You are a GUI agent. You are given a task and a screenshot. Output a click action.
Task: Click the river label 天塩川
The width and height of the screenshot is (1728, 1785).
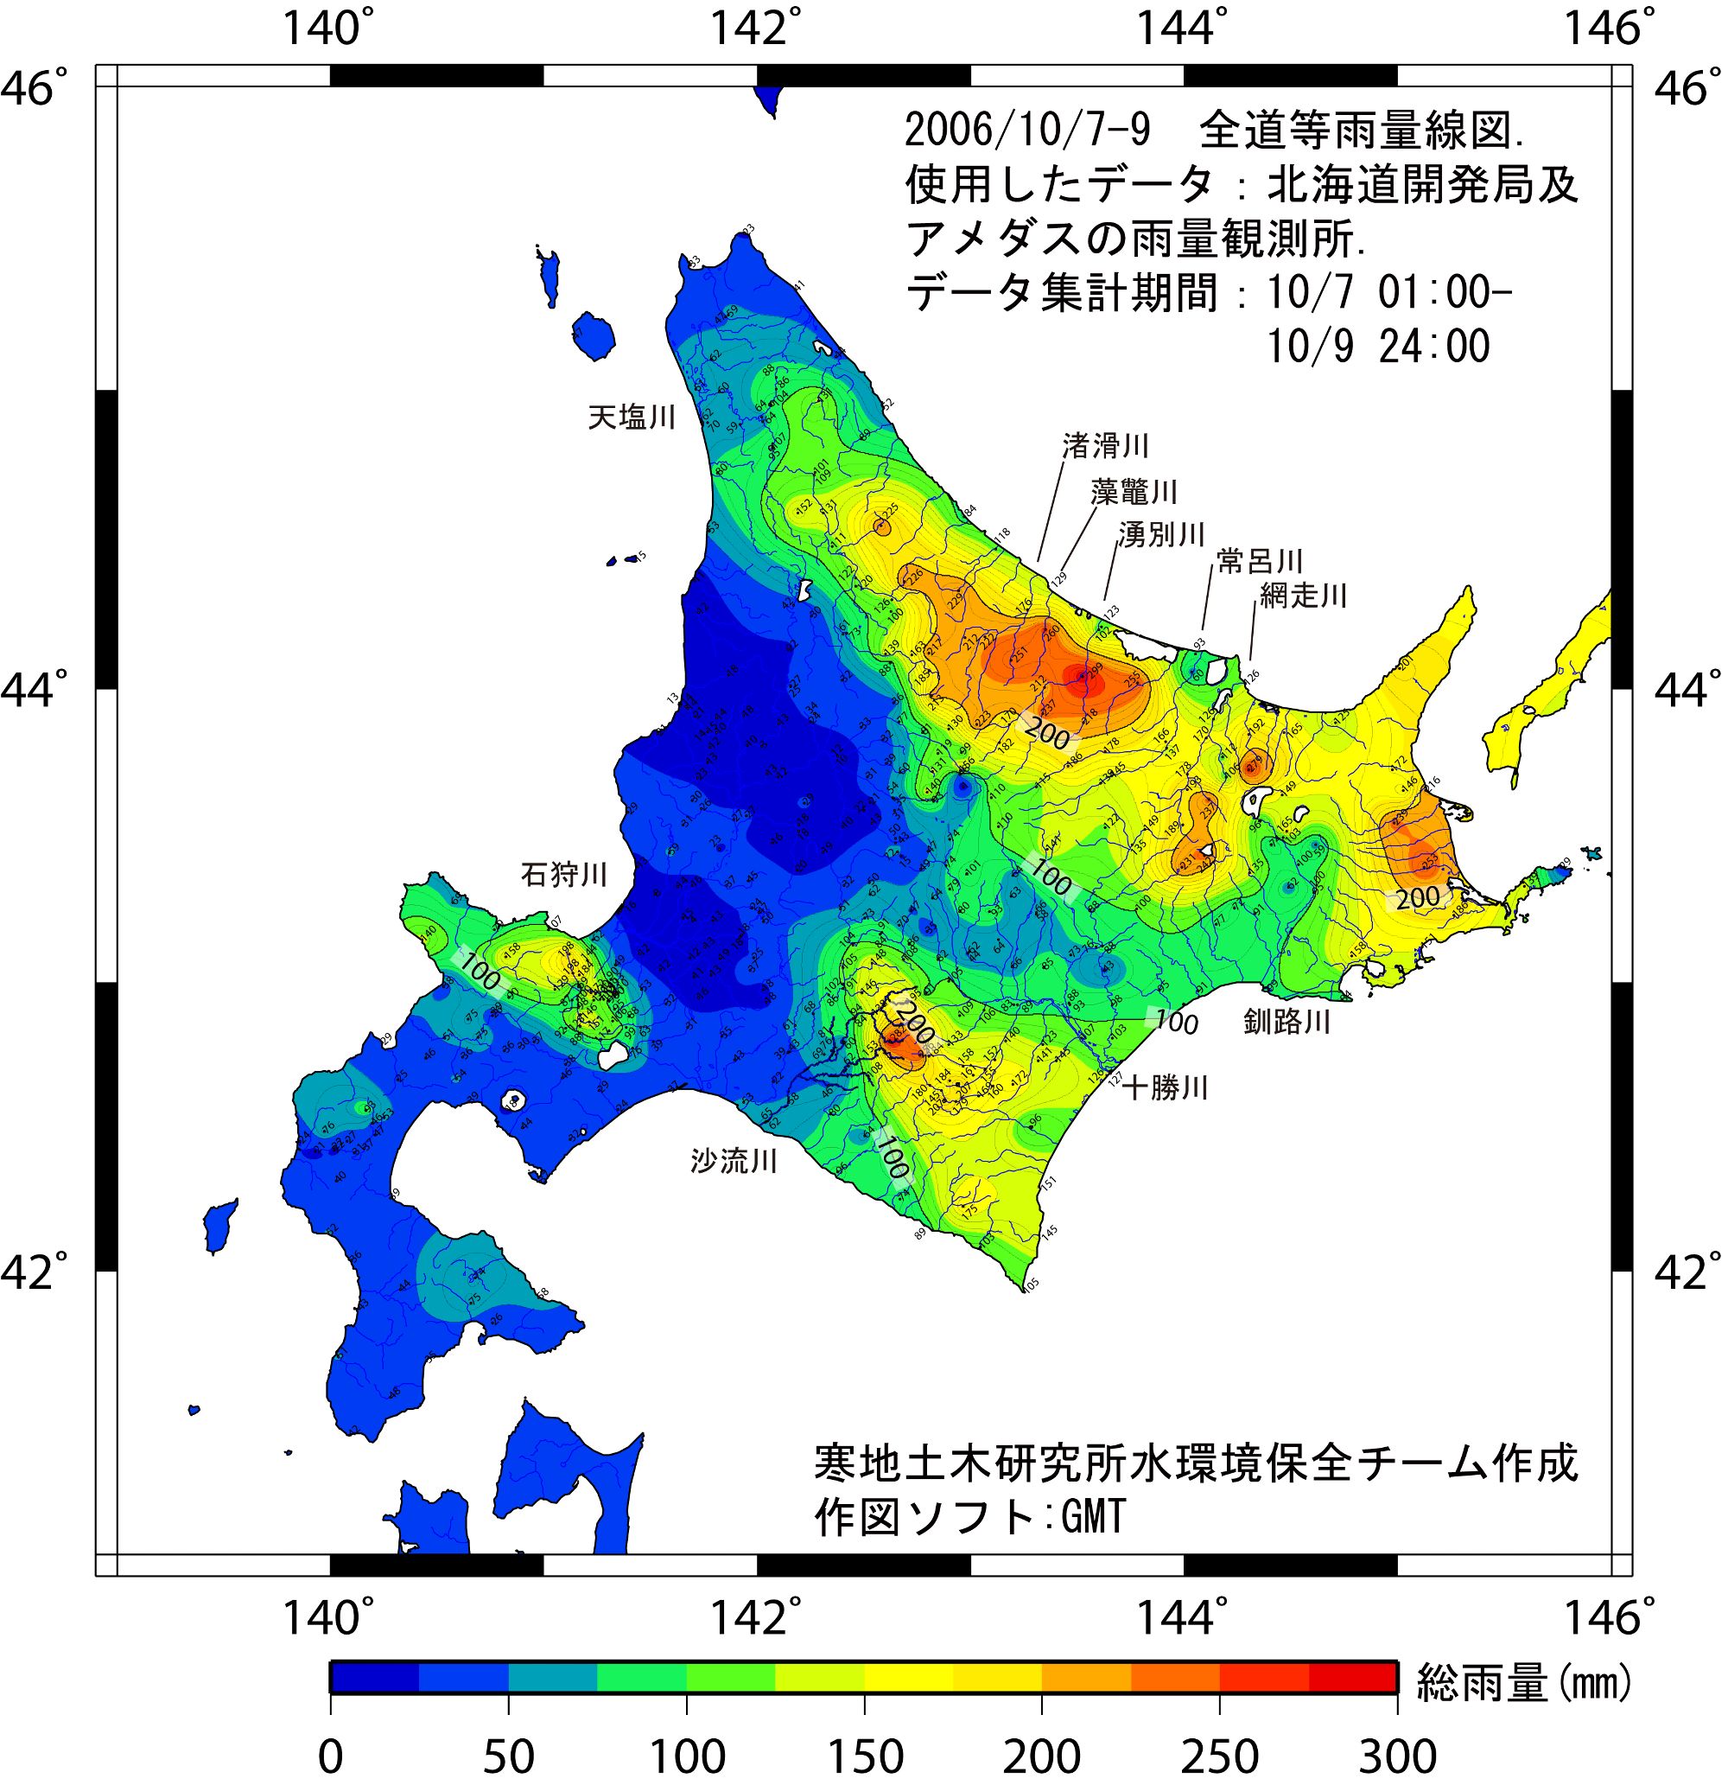tap(632, 418)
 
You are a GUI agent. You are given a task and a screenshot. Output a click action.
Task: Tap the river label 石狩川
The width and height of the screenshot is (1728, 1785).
tap(563, 875)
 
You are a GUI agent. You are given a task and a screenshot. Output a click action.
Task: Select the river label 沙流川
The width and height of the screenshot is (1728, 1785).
tap(734, 1161)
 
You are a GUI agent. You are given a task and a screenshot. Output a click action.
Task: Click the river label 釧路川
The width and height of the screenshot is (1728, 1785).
tap(1287, 1023)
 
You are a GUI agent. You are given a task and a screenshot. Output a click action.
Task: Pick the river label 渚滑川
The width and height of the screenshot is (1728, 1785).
tap(1105, 446)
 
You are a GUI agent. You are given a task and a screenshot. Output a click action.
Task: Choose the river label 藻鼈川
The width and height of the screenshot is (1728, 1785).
tap(1134, 493)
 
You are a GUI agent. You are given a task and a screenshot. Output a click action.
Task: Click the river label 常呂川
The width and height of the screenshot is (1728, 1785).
tap(1260, 561)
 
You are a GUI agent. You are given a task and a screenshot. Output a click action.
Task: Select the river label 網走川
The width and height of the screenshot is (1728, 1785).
tap(1303, 596)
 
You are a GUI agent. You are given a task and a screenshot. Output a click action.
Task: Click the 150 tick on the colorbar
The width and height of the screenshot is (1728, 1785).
tap(864, 1755)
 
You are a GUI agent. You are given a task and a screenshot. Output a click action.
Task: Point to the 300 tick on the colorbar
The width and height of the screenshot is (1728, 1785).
tap(1396, 1755)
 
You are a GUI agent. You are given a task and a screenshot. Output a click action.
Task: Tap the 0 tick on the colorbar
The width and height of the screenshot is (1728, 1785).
tap(332, 1755)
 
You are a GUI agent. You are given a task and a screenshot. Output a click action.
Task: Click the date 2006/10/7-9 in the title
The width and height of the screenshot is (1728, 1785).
tap(1028, 132)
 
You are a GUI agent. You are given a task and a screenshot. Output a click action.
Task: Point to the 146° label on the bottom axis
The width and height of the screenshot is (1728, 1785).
tap(1609, 1617)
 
